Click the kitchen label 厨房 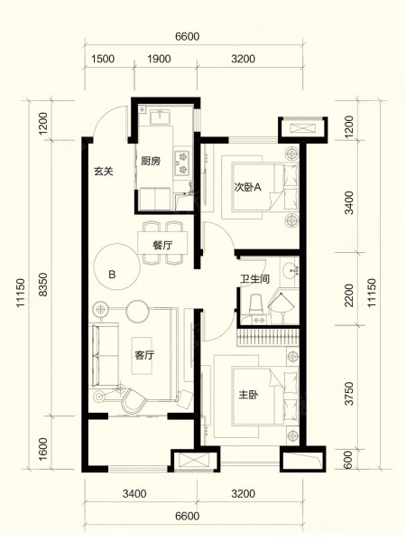click(151, 161)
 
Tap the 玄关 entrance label click(104, 171)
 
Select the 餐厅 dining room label click(162, 246)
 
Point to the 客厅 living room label click(144, 355)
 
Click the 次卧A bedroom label click(247, 187)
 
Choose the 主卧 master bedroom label click(249, 395)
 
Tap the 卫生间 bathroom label click(255, 279)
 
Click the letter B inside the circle click(112, 275)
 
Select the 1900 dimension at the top click(159, 59)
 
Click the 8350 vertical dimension click(43, 285)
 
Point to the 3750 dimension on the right click(349, 393)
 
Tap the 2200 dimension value click(349, 295)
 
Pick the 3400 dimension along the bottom click(134, 493)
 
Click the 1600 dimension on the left click(43, 449)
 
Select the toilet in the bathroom click(256, 305)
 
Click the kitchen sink click(160, 117)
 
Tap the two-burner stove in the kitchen click(182, 162)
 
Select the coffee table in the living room click(142, 355)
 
